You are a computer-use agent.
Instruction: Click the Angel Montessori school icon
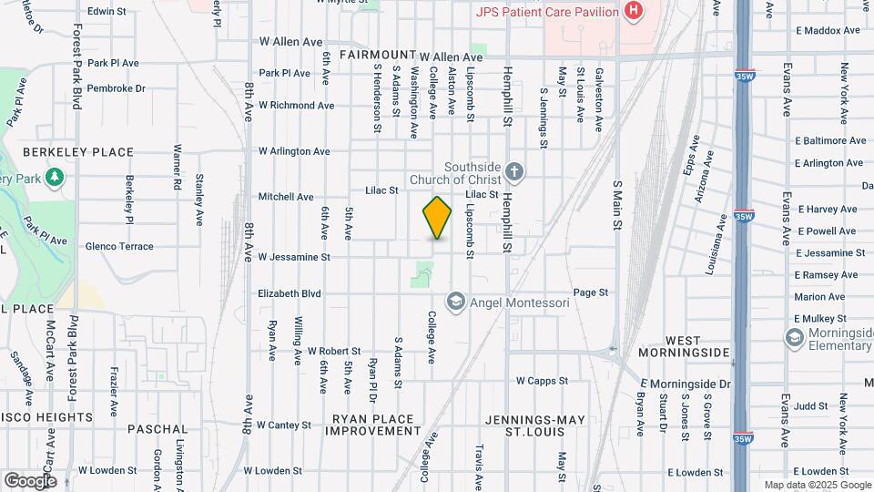click(455, 301)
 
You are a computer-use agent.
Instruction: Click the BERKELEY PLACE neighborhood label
click(77, 152)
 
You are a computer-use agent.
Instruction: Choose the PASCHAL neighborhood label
click(158, 428)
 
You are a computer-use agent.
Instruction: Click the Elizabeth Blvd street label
click(290, 294)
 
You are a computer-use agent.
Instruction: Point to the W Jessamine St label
click(293, 258)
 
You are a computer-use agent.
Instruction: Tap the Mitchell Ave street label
click(286, 197)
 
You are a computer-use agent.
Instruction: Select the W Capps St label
click(542, 381)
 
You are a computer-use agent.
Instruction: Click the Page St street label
click(590, 292)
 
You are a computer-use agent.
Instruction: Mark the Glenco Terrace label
click(119, 246)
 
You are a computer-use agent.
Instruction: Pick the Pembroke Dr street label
click(117, 88)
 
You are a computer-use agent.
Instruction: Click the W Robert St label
click(334, 351)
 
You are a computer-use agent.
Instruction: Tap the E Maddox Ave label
click(828, 30)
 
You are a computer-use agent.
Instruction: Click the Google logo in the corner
click(29, 480)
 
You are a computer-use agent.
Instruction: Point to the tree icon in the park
click(55, 175)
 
